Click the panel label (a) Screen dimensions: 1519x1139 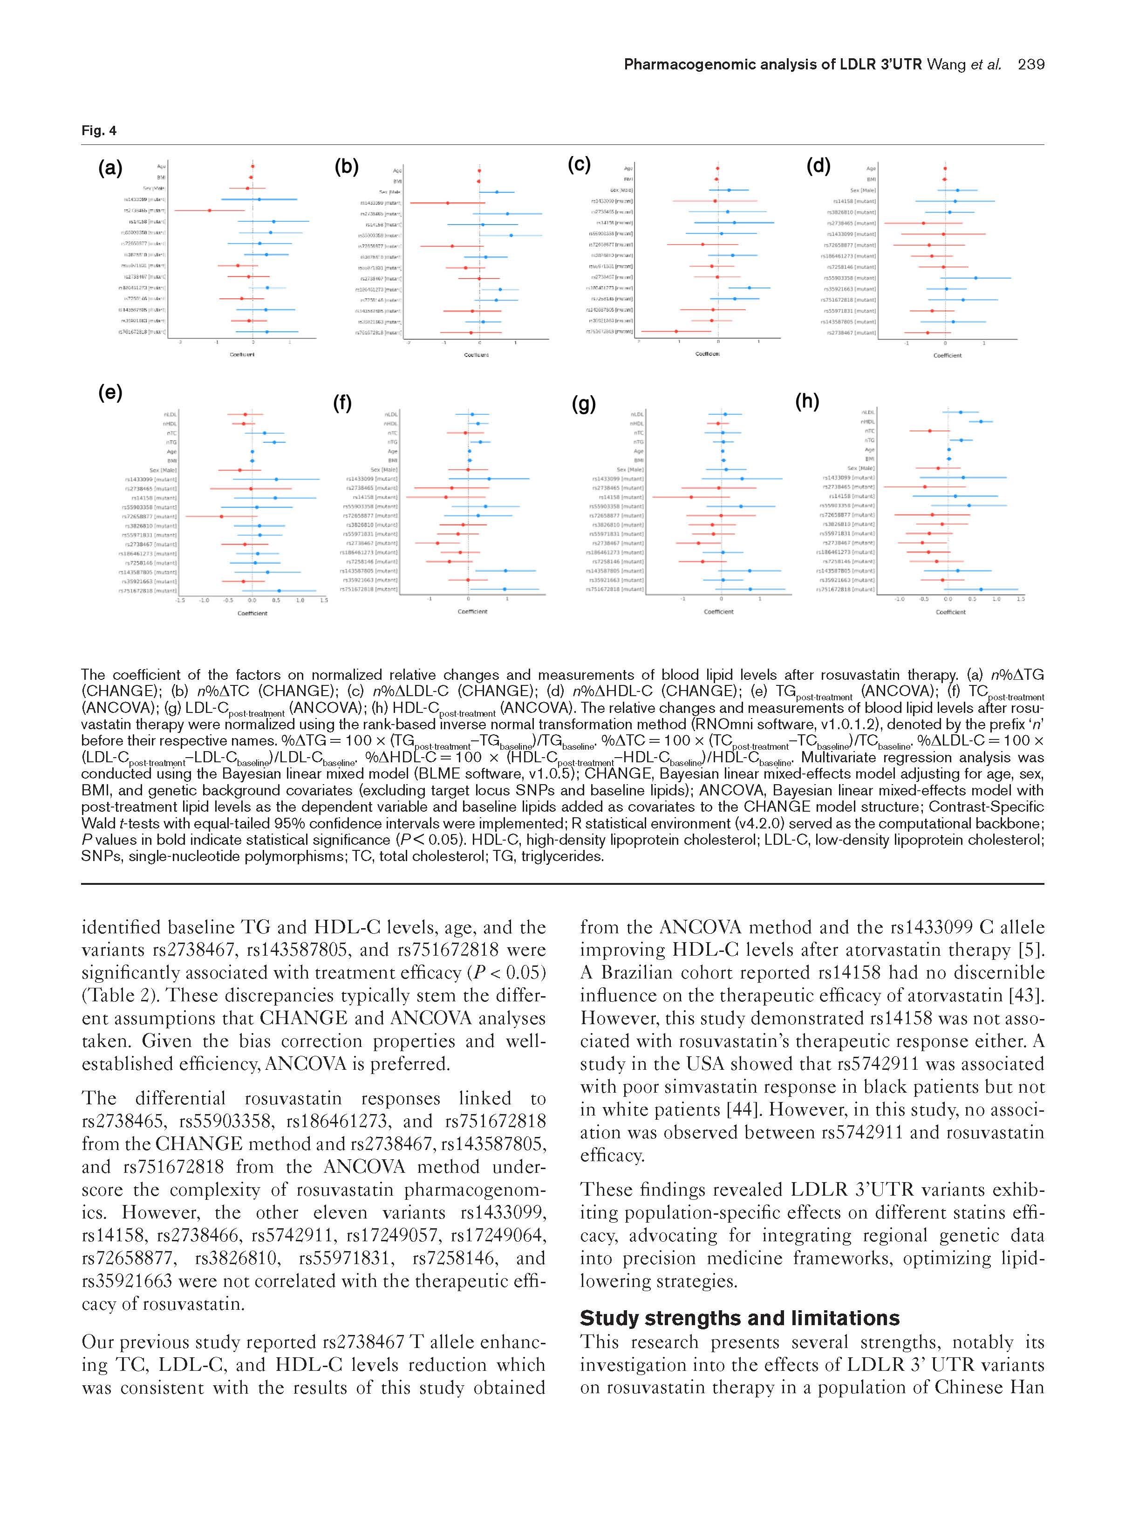click(x=110, y=168)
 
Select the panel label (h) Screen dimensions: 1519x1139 click(x=807, y=402)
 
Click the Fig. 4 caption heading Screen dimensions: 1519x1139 click(x=99, y=130)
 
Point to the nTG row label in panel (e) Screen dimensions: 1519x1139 click(x=171, y=442)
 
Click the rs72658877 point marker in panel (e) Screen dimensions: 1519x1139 click(x=221, y=516)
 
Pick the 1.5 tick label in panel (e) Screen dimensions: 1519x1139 click(x=323, y=600)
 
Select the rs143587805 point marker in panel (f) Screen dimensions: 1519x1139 click(x=505, y=571)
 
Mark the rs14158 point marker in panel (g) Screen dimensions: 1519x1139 click(x=691, y=497)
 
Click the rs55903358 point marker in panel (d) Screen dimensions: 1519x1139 click(x=975, y=278)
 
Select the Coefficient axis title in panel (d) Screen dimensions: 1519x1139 click(x=948, y=356)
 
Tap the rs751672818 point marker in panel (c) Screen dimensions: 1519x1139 click(x=676, y=332)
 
